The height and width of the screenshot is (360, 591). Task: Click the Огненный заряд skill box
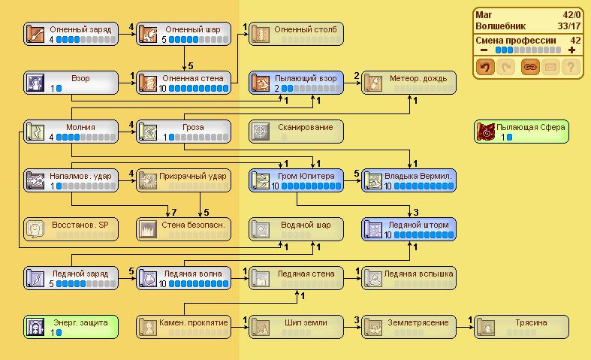[71, 33]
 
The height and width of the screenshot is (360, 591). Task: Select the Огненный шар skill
[184, 33]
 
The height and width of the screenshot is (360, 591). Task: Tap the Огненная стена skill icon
[148, 82]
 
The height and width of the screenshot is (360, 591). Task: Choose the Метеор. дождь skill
[409, 82]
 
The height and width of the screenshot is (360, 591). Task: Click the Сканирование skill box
[297, 131]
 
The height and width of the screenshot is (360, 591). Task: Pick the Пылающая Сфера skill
[522, 131]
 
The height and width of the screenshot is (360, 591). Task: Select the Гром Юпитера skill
[297, 180]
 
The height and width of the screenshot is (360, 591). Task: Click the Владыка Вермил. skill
[409, 180]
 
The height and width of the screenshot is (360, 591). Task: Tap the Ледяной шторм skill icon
[373, 228]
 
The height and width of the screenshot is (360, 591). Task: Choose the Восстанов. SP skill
[71, 228]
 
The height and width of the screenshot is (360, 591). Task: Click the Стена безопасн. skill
[184, 228]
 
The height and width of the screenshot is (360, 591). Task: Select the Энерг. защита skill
[71, 326]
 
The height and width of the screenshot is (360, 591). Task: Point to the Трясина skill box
[522, 326]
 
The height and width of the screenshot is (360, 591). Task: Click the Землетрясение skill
[409, 326]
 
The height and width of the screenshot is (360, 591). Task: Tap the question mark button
[572, 68]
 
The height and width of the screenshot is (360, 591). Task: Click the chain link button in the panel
[529, 68]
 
